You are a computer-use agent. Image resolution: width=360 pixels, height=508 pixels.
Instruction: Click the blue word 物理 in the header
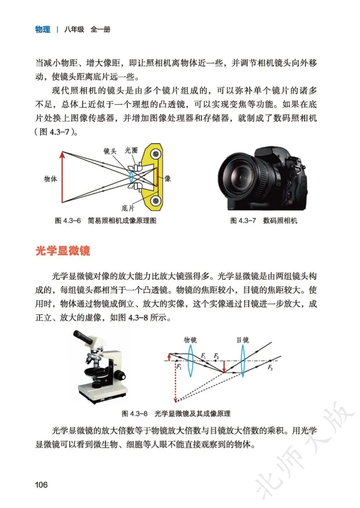click(43, 30)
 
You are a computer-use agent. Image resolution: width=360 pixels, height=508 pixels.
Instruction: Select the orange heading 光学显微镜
click(63, 251)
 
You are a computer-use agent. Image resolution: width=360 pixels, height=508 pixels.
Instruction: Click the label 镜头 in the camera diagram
click(110, 152)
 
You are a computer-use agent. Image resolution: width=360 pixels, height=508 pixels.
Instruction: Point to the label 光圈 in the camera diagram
click(131, 152)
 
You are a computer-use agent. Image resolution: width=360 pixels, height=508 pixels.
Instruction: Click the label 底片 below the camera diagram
click(128, 208)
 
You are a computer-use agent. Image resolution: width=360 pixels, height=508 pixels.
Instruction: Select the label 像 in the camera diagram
click(167, 178)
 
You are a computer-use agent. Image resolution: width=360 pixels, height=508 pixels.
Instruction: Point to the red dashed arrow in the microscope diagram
click(175, 382)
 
